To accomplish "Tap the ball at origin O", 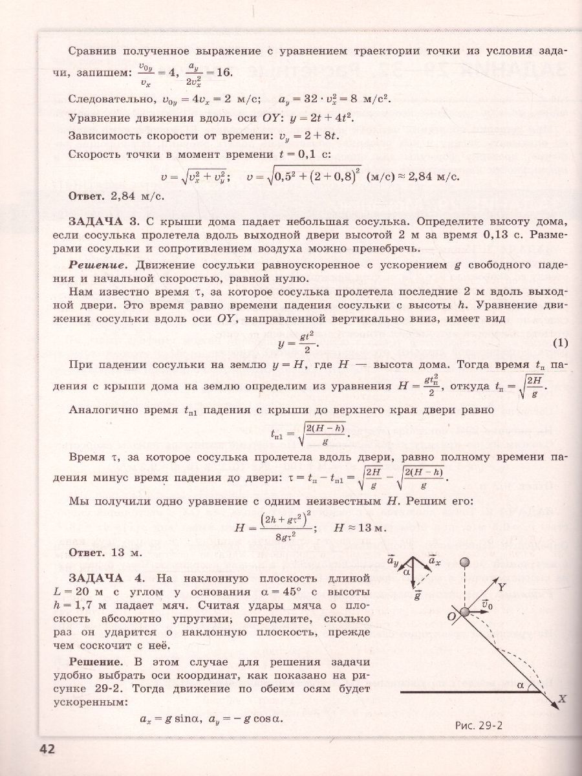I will (466, 612).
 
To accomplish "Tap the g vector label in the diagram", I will (418, 596).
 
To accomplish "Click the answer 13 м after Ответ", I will (125, 552).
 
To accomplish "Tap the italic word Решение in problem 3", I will (97, 266).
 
